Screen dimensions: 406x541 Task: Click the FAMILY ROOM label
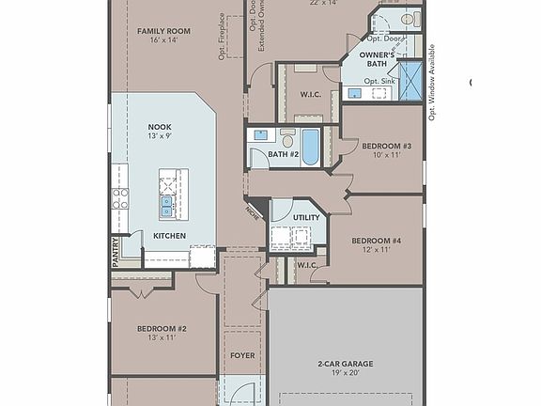point(163,31)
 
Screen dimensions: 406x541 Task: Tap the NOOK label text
point(160,126)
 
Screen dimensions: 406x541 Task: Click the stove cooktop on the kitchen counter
point(120,198)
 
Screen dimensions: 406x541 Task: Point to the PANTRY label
point(116,253)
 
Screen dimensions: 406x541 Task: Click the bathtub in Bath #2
point(310,147)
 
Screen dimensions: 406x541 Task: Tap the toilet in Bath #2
point(287,139)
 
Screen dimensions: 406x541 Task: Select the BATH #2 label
point(283,154)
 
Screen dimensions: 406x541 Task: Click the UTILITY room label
point(306,217)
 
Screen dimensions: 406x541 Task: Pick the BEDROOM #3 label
point(387,146)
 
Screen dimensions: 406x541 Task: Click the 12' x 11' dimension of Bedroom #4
point(377,251)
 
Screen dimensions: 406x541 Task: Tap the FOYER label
point(241,356)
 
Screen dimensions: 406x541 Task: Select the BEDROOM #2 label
point(162,328)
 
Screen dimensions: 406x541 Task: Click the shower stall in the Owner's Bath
point(409,76)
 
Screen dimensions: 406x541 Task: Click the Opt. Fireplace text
point(222,36)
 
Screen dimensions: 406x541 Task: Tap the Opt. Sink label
point(379,82)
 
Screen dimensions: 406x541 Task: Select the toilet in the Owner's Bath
point(410,19)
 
